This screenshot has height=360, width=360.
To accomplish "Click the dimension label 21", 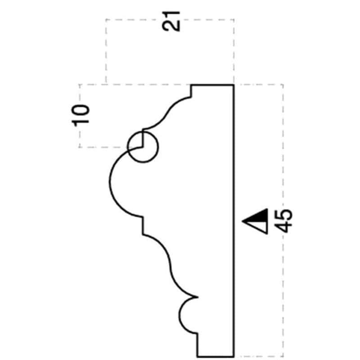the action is (171, 21).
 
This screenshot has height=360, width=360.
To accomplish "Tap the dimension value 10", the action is (81, 116).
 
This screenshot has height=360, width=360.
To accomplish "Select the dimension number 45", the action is (283, 221).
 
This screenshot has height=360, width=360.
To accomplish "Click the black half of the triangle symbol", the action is (259, 216).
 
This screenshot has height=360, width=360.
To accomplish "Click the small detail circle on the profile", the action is (143, 147).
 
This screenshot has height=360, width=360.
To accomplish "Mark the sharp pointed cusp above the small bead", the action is (198, 297).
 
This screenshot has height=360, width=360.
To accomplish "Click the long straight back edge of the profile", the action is (234, 220).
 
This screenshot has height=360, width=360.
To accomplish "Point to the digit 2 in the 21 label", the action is (171, 27).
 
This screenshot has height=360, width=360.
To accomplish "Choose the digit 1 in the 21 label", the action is (171, 15).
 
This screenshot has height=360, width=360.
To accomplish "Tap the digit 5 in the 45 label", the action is (283, 215).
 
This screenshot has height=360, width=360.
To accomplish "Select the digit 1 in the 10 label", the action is (81, 122).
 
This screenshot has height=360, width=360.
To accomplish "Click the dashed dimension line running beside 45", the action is (283, 220).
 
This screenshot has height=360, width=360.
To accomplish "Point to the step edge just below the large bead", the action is (143, 226).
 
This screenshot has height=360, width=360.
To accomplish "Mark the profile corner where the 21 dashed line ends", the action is (234, 85).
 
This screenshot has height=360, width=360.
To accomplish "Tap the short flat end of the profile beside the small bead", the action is (216, 356).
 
